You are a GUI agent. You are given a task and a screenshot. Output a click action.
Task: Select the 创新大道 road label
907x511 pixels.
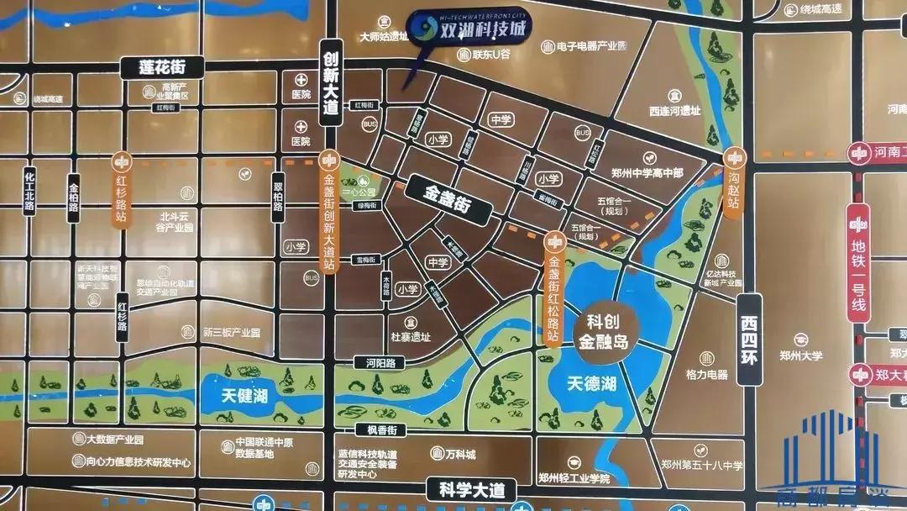330,82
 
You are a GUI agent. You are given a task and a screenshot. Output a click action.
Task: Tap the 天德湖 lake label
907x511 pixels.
591,385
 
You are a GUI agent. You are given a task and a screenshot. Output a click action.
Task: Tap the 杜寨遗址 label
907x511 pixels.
410,337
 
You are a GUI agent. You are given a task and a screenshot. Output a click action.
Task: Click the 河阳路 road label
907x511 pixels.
367,364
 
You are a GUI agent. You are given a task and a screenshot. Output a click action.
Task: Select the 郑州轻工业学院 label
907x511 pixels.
574,478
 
